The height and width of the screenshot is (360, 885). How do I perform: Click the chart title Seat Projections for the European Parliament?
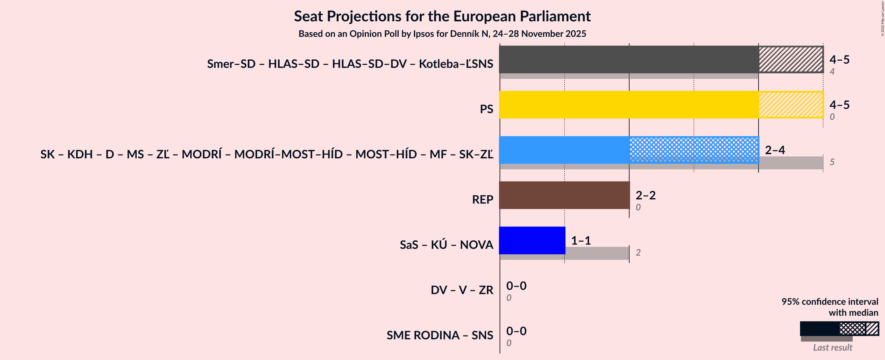coord(442,16)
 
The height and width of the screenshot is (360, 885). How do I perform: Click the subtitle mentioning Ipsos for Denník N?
coord(442,34)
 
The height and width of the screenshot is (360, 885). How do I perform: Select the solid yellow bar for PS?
coord(629,105)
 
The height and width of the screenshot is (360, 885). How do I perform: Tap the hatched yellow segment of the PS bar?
coord(791,105)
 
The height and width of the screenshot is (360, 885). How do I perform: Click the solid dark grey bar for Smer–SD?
coord(629,59)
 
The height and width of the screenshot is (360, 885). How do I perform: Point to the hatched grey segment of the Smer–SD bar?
coord(791,59)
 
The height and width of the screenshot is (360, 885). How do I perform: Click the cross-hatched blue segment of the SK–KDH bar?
coord(694,150)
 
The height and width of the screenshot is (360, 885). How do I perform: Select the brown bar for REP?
coord(564,195)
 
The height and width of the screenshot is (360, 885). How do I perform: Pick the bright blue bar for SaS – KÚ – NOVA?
coord(532,240)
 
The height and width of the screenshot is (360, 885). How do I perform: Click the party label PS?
coord(486,109)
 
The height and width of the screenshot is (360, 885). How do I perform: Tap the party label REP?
coord(482,200)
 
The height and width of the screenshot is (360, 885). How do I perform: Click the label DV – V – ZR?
coord(462,290)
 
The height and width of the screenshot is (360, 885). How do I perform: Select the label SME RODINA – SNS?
coord(440,335)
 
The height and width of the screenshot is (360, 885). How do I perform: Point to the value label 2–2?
coord(645,195)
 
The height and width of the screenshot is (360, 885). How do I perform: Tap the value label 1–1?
coord(581,240)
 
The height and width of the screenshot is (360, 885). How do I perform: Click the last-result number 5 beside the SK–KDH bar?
coord(832,162)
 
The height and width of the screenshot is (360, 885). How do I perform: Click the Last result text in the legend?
coord(832,347)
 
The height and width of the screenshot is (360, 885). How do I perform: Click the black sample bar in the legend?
coord(819,328)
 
